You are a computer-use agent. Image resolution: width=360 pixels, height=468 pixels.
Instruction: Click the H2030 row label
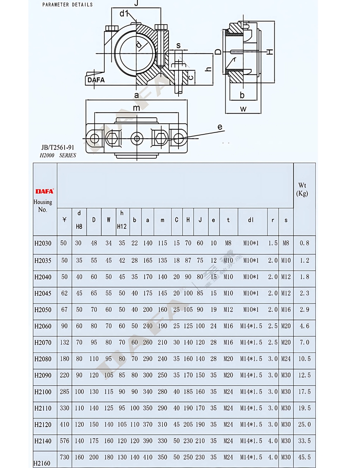point(43,243)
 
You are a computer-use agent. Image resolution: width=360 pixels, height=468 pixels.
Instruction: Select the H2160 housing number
point(42,463)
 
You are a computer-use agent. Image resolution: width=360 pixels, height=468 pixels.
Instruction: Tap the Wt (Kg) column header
point(302,189)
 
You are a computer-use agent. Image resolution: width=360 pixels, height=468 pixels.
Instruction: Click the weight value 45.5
point(304,457)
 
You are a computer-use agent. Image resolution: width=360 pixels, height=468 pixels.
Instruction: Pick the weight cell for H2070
point(304,342)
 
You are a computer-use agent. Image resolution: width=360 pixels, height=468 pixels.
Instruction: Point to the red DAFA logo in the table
point(44,192)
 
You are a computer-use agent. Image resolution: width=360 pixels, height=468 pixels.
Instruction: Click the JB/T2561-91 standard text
point(58,148)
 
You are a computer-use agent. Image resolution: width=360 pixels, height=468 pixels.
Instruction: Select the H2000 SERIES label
point(58,156)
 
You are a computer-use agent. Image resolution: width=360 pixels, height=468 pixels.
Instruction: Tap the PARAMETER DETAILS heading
point(67,5)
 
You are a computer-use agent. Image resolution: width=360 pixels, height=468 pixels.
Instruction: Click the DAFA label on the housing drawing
point(96,80)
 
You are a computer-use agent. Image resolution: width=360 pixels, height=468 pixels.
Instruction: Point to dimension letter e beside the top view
point(220,127)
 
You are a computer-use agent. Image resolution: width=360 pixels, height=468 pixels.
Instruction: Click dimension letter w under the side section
point(243,109)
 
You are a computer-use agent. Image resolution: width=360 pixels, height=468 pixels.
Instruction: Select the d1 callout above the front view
point(124,14)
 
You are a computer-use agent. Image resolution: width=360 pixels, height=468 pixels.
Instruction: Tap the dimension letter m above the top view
point(136,108)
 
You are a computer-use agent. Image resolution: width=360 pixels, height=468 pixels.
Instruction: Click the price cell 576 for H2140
point(64,441)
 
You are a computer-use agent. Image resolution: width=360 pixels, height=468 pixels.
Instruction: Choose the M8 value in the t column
point(228,243)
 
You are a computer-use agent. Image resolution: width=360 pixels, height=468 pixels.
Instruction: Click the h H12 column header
point(122,220)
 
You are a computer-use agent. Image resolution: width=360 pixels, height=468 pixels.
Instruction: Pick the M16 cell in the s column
point(286,310)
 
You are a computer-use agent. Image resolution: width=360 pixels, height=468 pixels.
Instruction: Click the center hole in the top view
point(136,138)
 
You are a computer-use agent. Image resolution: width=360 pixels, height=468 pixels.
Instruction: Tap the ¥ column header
point(64,220)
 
